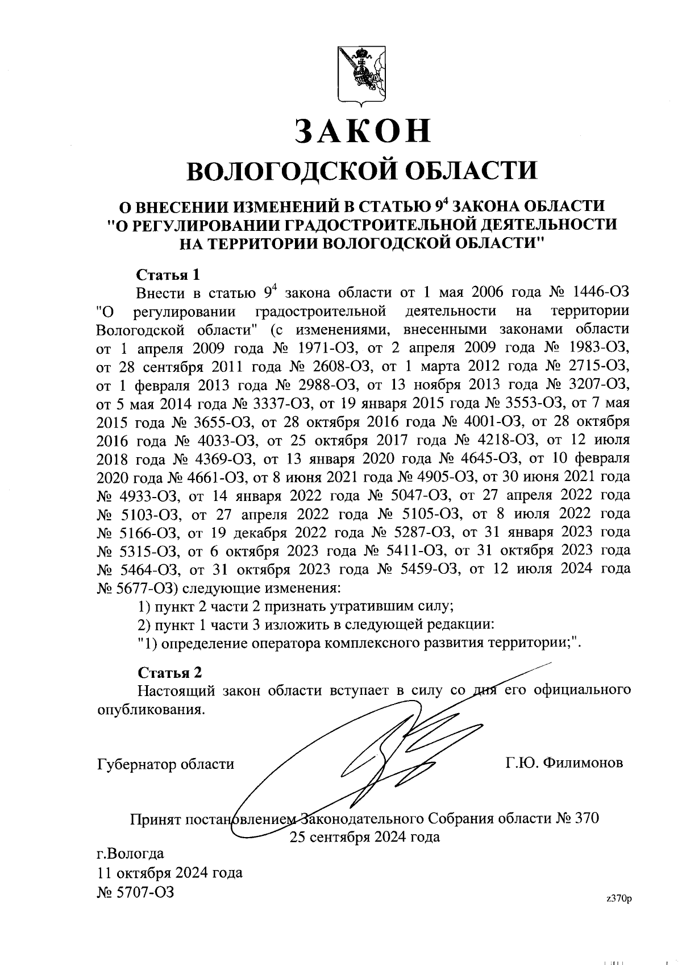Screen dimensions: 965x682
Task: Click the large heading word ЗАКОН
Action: (363, 130)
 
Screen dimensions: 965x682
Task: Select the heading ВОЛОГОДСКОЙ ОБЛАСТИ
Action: (363, 170)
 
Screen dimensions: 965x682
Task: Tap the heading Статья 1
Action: (168, 275)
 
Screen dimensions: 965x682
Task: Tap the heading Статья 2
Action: (170, 673)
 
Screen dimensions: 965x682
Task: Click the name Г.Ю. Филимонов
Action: (564, 763)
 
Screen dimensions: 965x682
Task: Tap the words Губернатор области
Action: (166, 764)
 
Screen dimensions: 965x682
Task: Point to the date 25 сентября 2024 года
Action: (364, 837)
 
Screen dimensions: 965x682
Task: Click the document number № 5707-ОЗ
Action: (136, 892)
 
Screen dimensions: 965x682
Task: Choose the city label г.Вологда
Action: (131, 854)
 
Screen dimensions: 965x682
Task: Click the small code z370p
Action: (619, 898)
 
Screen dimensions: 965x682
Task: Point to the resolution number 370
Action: (586, 819)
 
